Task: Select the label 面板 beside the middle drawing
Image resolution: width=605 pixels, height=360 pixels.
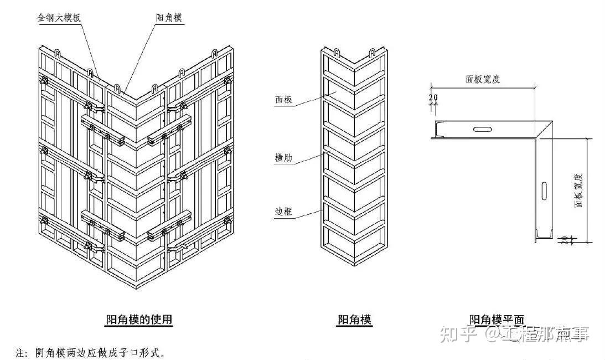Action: coord(283,100)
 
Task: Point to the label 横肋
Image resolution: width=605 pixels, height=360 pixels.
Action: coord(283,158)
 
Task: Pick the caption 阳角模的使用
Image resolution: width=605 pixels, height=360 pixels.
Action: coord(139,320)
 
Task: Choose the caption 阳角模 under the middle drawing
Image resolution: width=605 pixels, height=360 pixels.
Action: coord(355,320)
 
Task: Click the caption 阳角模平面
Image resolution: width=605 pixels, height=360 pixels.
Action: coord(496,320)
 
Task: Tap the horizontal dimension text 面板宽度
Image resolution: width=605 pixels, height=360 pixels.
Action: coord(483,79)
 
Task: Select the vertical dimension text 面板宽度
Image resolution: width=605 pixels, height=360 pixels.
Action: coord(579,188)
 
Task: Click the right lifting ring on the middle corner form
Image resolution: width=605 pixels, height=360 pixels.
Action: coord(373,53)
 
